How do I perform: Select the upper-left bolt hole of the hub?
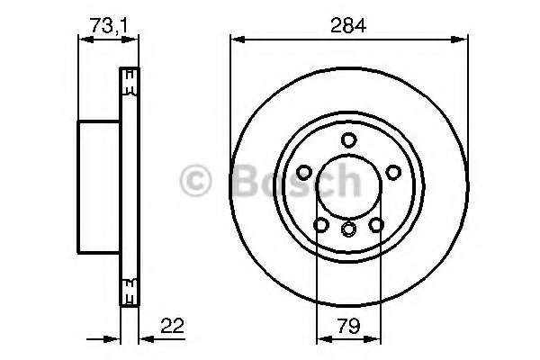(305, 172)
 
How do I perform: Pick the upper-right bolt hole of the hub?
(393, 172)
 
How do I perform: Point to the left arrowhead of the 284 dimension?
(235, 39)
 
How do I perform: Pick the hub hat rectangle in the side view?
(99, 185)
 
